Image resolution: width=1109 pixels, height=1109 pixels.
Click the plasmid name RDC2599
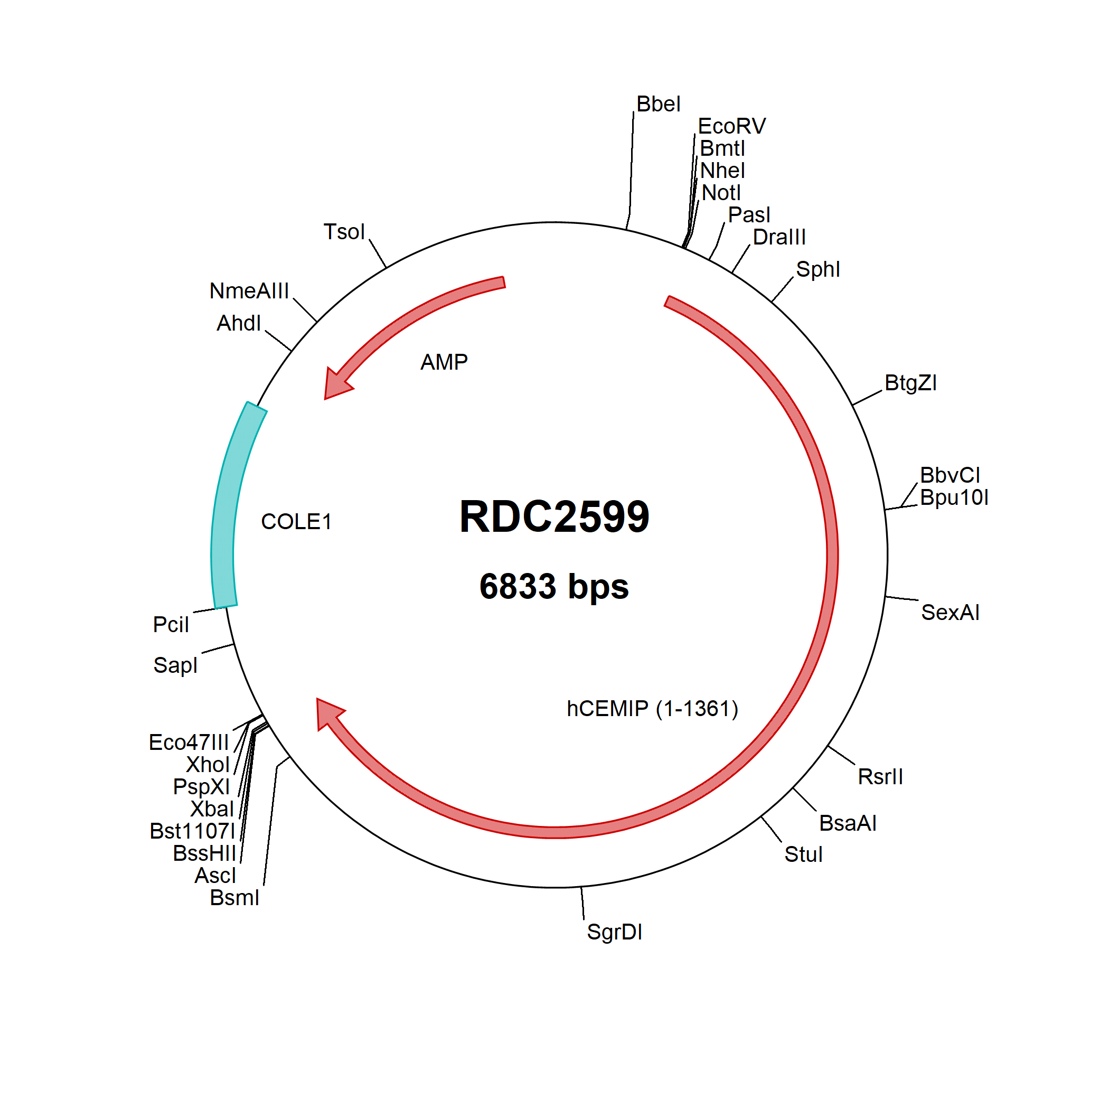point(554,516)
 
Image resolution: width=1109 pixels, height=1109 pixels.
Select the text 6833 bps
point(554,587)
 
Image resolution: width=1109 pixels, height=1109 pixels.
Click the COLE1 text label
point(296,522)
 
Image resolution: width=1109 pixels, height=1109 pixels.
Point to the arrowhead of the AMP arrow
point(336,383)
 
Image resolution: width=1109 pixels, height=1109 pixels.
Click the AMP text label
point(444,362)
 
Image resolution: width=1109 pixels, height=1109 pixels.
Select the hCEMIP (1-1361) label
point(652,709)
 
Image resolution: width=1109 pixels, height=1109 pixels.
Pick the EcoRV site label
point(731,126)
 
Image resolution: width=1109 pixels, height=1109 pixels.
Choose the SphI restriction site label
point(817,269)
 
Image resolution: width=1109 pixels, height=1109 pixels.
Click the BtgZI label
point(910,383)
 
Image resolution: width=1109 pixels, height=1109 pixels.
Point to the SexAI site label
point(950,613)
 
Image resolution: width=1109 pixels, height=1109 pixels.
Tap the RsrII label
point(880,777)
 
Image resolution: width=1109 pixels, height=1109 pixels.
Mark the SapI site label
point(175,665)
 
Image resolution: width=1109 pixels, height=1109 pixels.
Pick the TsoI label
point(344,232)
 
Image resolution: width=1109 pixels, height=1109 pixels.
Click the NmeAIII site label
point(249,291)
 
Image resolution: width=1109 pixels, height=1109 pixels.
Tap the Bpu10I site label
point(954,497)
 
